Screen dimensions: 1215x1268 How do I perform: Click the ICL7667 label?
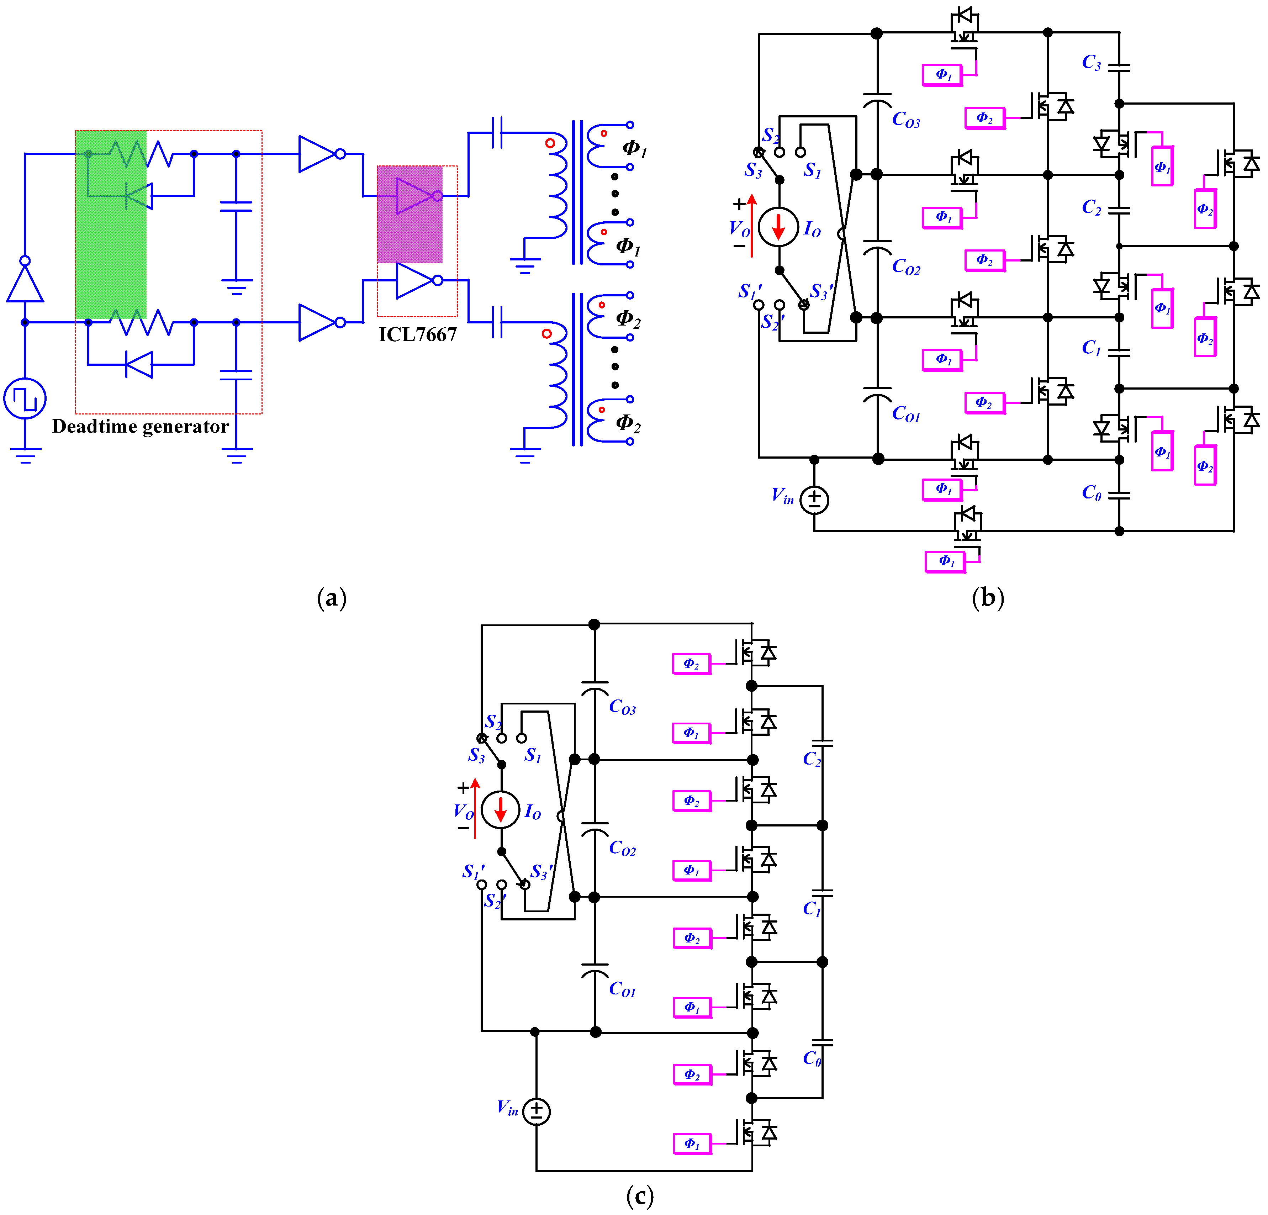417,334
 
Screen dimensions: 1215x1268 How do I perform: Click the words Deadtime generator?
141,426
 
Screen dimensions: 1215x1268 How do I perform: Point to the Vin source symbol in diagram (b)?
814,500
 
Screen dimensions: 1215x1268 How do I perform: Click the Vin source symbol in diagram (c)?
536,1111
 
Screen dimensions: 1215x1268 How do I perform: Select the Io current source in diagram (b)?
778,226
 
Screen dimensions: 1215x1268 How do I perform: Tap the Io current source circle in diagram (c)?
500,809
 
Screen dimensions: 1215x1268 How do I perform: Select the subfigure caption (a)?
332,598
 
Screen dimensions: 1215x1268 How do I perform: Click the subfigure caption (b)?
988,598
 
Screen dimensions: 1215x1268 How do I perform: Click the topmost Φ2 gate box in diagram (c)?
692,664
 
